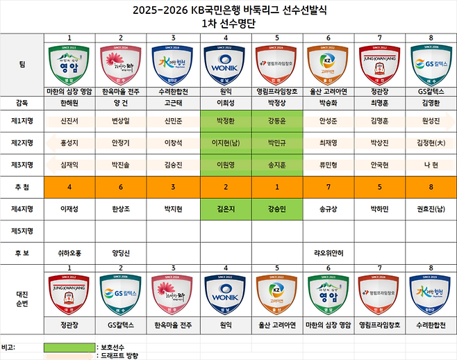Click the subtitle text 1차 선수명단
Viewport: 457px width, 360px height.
click(228, 22)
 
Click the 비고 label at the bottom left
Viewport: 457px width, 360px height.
click(9, 346)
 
